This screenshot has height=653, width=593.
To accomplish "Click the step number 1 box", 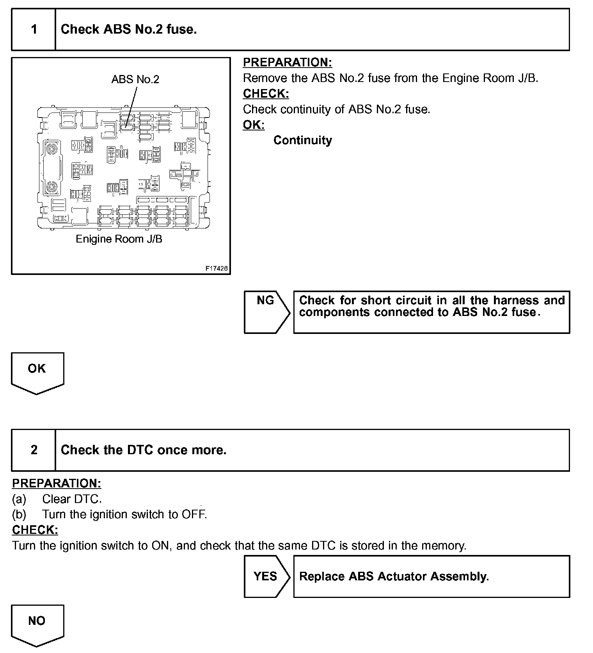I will pyautogui.click(x=34, y=30).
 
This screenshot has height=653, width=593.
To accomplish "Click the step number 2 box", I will pyautogui.click(x=34, y=450).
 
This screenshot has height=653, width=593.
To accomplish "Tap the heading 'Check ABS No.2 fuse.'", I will pyautogui.click(x=129, y=29).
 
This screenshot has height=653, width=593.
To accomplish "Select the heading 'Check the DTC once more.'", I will pyautogui.click(x=144, y=450).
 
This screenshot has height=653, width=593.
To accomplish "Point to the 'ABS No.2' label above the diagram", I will pyautogui.click(x=135, y=79).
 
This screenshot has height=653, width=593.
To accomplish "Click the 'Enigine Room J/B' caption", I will pyautogui.click(x=119, y=239).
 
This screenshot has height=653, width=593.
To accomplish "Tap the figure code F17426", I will pyautogui.click(x=217, y=269).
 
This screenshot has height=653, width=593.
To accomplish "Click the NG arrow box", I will pyautogui.click(x=266, y=312).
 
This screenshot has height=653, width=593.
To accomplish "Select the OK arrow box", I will pyautogui.click(x=37, y=371).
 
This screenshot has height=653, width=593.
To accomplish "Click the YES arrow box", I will pyautogui.click(x=266, y=576).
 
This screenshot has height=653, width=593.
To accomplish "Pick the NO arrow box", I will pyautogui.click(x=37, y=624).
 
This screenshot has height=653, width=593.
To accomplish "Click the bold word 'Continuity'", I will pyautogui.click(x=302, y=140).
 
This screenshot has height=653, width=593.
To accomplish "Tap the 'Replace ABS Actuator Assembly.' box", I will pyautogui.click(x=431, y=576).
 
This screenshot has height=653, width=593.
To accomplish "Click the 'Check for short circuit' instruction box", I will pyautogui.click(x=431, y=312).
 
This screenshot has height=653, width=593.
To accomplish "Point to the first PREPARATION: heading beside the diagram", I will pyautogui.click(x=287, y=62).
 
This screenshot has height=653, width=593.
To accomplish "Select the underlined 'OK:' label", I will pyautogui.click(x=254, y=125).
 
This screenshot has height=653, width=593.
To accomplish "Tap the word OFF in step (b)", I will pyautogui.click(x=193, y=514).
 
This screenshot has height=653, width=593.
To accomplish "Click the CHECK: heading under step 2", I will pyautogui.click(x=35, y=530).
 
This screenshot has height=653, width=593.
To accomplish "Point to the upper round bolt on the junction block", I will pyautogui.click(x=51, y=149).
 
